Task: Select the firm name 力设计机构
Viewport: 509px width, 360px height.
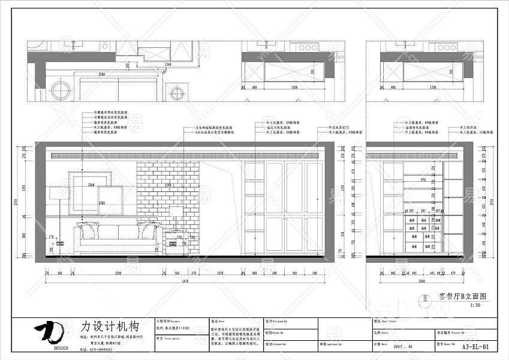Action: pyautogui.click(x=110, y=328)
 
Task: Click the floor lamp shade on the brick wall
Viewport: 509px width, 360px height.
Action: pyautogui.click(x=176, y=210)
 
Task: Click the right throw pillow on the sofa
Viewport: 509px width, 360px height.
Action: pyautogui.click(x=147, y=228)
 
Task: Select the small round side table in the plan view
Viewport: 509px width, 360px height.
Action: pyautogui.click(x=177, y=93)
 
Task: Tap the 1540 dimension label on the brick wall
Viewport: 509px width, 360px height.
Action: pyautogui.click(x=168, y=185)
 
